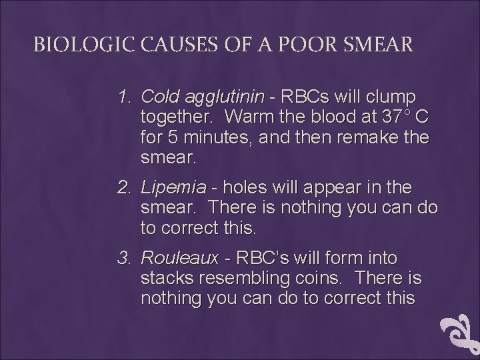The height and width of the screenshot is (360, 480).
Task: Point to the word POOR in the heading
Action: (299, 45)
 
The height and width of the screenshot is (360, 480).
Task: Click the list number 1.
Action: (124, 97)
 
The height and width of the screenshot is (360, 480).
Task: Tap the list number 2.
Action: (124, 188)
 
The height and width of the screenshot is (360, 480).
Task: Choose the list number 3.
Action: (124, 257)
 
